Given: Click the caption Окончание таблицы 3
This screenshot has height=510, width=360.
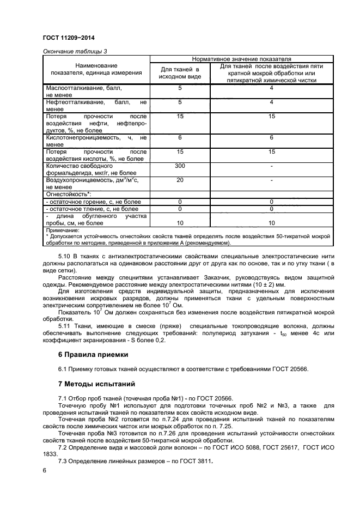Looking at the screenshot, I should click(x=75, y=51).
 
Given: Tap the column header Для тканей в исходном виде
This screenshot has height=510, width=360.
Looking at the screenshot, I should click(x=180, y=74).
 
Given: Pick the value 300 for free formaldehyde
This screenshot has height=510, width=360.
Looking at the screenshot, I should click(x=180, y=165).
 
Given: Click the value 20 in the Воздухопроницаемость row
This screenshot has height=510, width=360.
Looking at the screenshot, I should click(x=180, y=179).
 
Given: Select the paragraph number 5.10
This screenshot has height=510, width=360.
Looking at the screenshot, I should click(x=64, y=256).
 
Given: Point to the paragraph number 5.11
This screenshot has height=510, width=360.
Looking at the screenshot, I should click(x=64, y=326).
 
